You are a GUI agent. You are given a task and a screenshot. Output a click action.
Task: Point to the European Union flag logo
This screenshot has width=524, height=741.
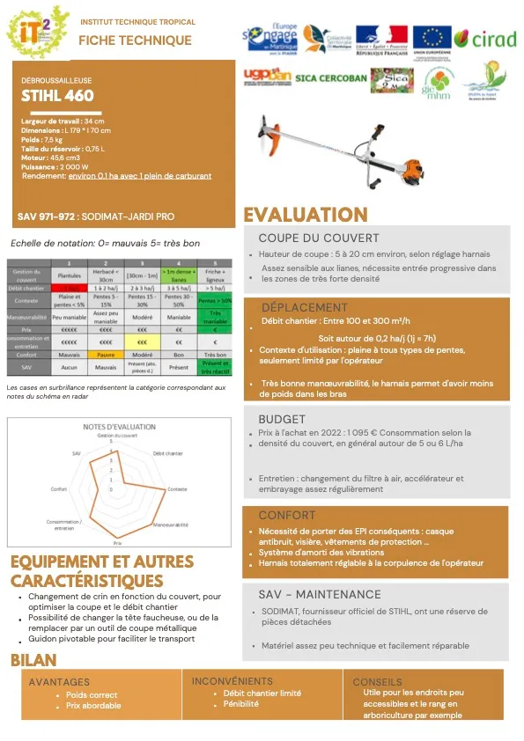[432, 39]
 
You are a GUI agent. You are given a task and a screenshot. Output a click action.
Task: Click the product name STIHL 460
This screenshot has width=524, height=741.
[57, 97]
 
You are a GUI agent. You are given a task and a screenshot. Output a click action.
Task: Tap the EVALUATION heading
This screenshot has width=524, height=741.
[305, 215]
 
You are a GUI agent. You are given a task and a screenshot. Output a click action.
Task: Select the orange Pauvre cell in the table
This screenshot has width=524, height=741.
[106, 353]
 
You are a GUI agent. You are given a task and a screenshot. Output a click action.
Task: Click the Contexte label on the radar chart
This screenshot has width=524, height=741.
[177, 488]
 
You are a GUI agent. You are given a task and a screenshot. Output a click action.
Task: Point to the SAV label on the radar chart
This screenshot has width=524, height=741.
[77, 451]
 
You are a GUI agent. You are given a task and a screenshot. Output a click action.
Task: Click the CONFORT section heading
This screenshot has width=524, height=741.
[286, 515]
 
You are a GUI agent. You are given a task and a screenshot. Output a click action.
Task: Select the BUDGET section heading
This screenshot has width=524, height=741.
[282, 419]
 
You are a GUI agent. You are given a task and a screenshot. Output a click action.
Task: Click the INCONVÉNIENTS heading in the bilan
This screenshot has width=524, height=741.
[232, 681]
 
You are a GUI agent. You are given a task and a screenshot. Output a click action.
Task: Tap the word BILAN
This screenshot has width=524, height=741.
[34, 660]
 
